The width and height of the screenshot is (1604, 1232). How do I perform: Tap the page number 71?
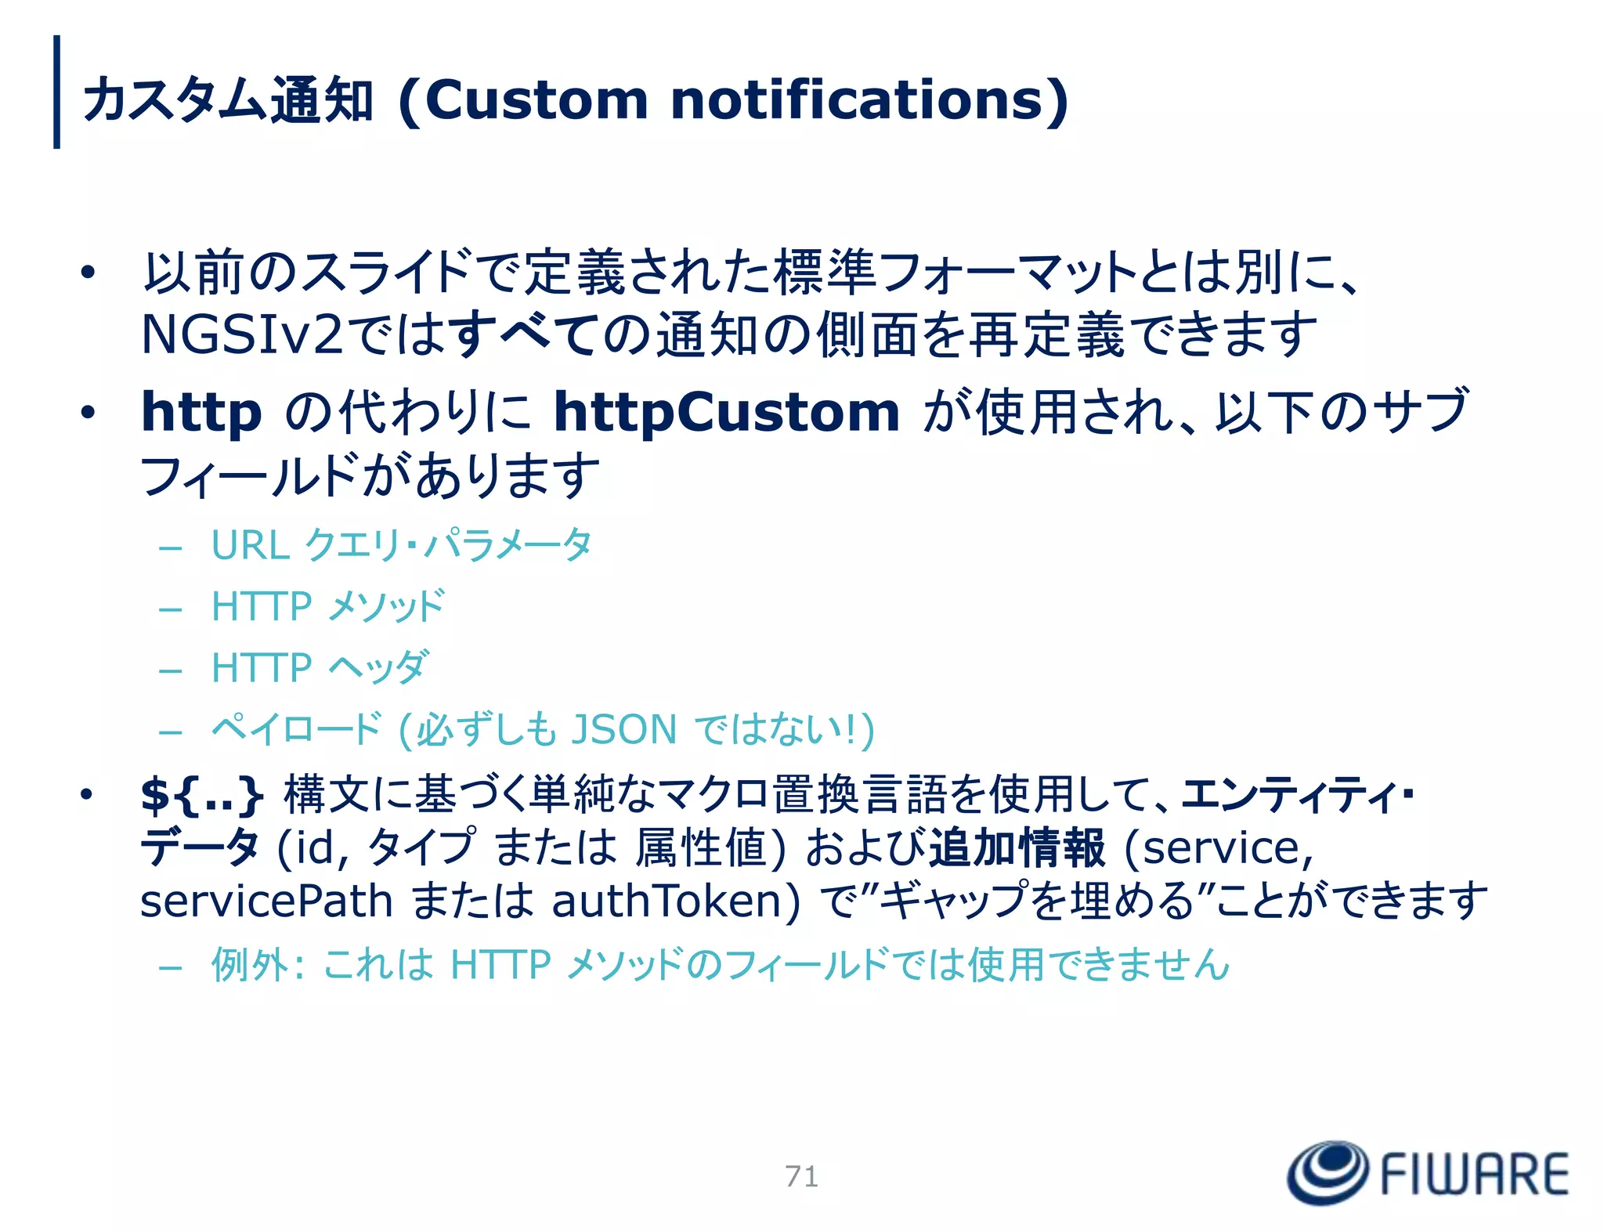(801, 1176)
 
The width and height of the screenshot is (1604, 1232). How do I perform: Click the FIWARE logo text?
(1474, 1174)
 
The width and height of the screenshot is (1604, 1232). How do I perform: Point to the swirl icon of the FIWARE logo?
(1328, 1172)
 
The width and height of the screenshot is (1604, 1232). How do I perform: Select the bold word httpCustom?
(726, 413)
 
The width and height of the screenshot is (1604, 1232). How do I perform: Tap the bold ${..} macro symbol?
(201, 794)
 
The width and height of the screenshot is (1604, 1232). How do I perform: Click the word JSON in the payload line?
(623, 730)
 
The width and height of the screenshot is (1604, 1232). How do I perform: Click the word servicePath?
(266, 901)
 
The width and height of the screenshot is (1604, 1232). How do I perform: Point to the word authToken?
(675, 901)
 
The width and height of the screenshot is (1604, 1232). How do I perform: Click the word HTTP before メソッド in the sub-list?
(262, 607)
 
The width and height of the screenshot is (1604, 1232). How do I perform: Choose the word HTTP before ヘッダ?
(262, 668)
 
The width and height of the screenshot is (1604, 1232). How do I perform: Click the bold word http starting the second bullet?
(201, 413)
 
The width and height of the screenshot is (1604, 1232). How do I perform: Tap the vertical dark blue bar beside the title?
(56, 92)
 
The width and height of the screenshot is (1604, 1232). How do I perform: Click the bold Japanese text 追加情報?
(1017, 848)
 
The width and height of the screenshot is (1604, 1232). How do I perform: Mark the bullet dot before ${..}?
(86, 794)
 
